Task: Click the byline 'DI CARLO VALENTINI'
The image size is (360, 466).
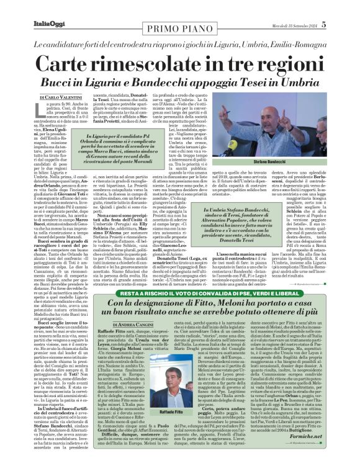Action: [x=61, y=98]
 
